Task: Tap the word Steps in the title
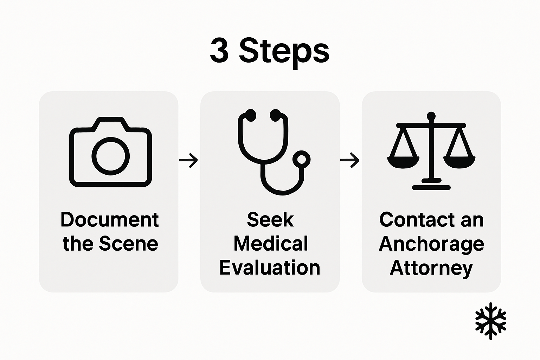[x=284, y=52]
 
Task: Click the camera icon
[x=110, y=152]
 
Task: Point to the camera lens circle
[x=110, y=156]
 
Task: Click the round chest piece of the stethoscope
[x=301, y=159]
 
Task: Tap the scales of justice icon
[x=431, y=151]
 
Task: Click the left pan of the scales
[x=403, y=162]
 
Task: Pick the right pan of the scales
[x=459, y=162]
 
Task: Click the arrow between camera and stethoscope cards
[x=188, y=160]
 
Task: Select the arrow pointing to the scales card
[x=350, y=160]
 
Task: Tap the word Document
[x=110, y=220]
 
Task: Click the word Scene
[x=128, y=244]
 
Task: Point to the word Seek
[x=270, y=220]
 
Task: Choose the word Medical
[x=271, y=244]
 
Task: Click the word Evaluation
[x=270, y=268]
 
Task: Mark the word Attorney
[x=431, y=268]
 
